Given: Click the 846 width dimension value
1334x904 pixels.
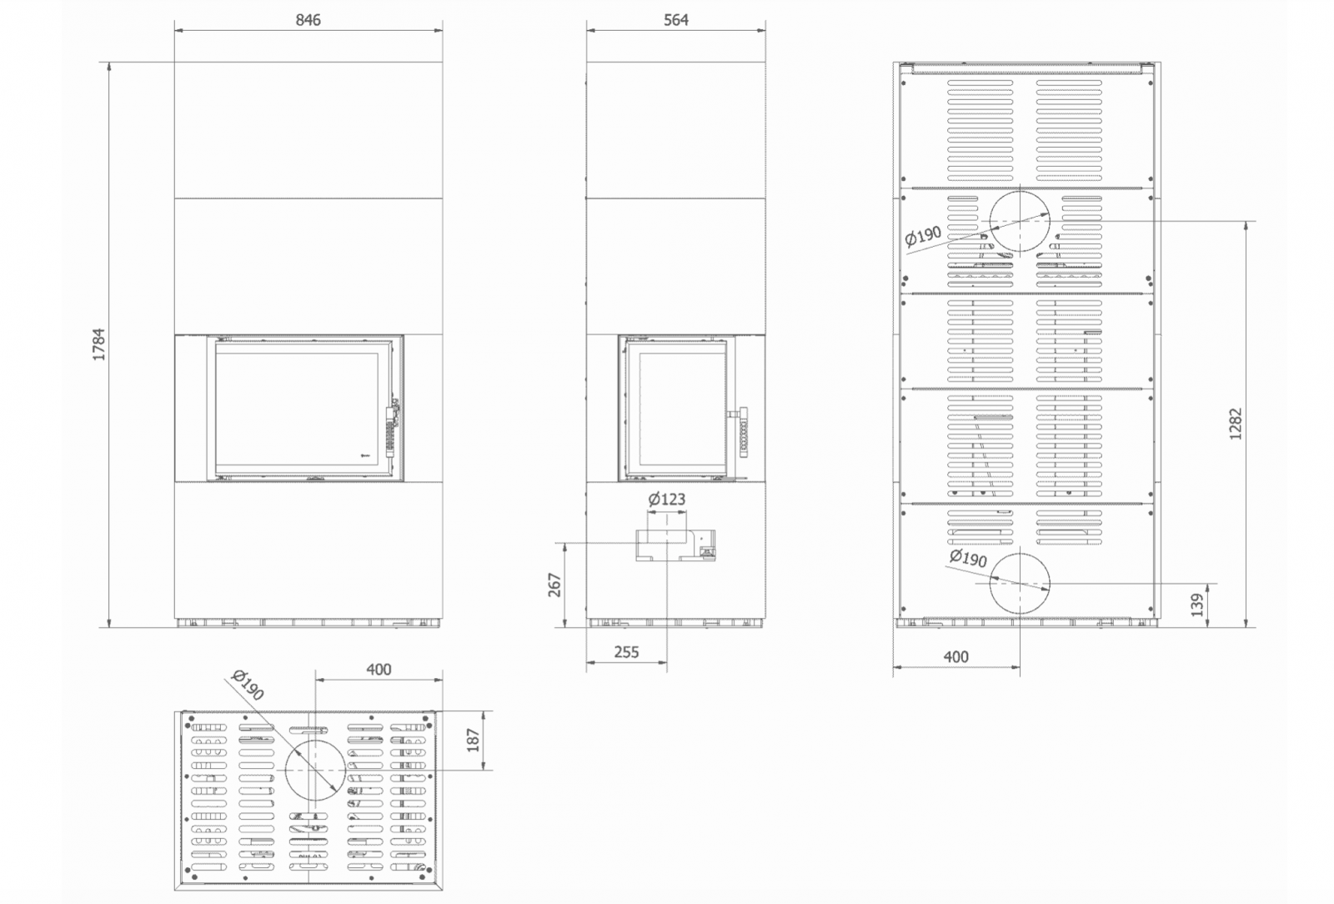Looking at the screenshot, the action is point(308,20).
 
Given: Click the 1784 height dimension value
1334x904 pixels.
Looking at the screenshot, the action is point(98,344).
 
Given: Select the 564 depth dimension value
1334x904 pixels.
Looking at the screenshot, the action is point(676,20).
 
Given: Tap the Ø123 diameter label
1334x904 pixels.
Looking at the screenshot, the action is point(666,499).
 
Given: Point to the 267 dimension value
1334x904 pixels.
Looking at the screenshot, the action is point(554,585).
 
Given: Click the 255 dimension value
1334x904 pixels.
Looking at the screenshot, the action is point(626,652).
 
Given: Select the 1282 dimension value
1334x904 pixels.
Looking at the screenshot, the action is point(1236,424).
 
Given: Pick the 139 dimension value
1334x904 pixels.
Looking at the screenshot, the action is point(1197,605).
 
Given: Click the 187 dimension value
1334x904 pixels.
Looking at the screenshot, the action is point(473,741).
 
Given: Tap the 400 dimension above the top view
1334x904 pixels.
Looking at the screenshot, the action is point(379,670).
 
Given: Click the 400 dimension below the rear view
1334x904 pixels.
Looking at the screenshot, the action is point(955,657).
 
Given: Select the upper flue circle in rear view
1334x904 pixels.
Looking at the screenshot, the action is point(1050,222).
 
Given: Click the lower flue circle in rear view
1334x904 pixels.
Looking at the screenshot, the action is point(1050,584).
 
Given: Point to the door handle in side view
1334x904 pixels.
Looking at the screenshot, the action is point(742,432).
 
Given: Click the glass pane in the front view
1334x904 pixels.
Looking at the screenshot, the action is point(297,409).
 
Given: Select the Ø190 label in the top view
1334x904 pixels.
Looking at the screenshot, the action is point(248,685).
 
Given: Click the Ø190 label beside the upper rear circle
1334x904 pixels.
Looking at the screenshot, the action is point(923,236).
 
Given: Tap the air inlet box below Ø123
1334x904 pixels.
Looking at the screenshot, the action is point(675,545).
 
